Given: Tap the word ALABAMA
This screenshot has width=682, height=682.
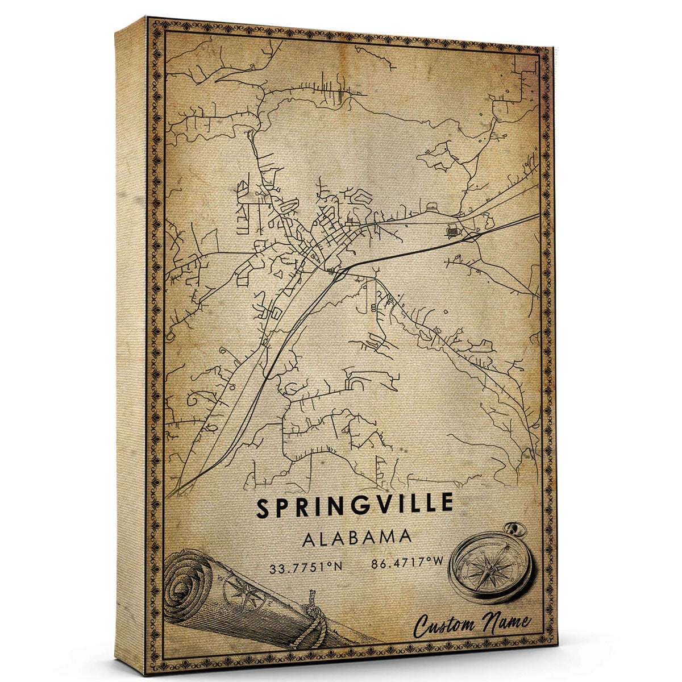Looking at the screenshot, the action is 357,538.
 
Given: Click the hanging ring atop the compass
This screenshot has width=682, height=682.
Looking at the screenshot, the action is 518,530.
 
